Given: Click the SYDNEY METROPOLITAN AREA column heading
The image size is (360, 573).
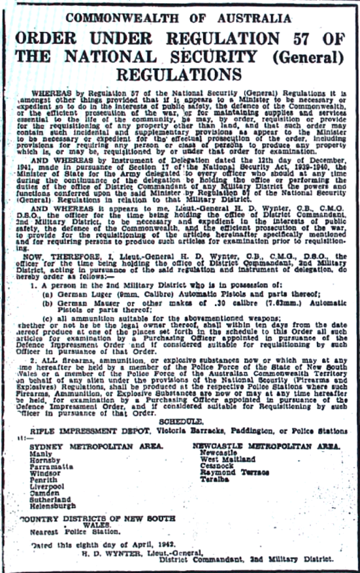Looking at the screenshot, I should pos(96,446).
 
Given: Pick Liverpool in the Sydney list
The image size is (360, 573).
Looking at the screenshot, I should pos(48,486).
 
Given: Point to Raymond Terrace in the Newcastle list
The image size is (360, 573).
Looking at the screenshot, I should pos(235,473).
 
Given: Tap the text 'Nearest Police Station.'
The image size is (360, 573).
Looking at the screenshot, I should pos(75,532).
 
